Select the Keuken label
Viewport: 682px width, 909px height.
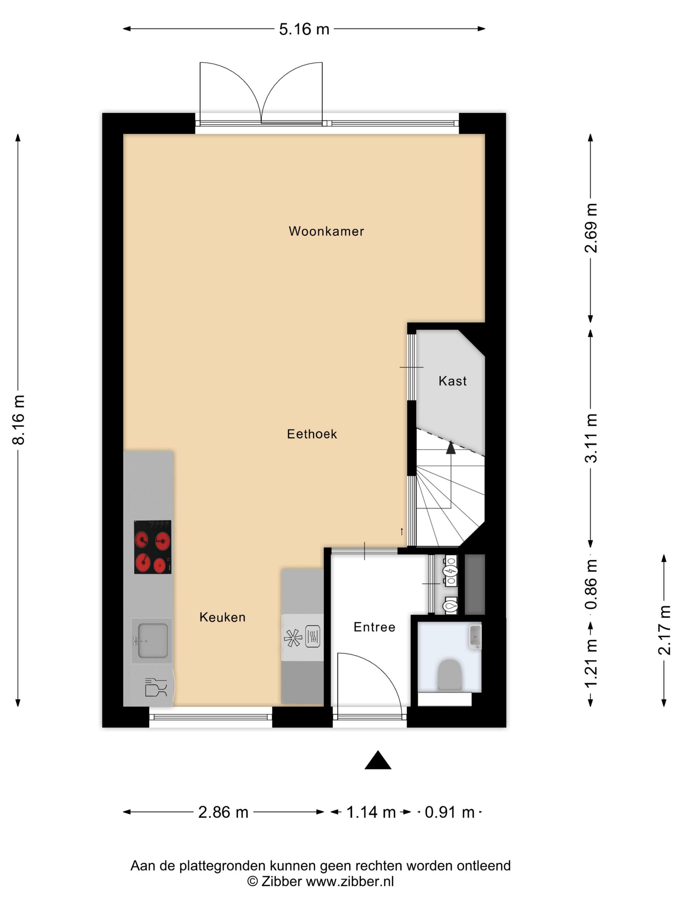click(222, 617)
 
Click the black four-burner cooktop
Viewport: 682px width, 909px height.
click(153, 547)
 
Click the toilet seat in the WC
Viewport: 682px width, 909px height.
click(450, 674)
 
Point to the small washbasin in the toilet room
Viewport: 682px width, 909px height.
click(475, 637)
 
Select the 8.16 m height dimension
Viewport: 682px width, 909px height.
click(19, 419)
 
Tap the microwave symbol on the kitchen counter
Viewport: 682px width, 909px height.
click(312, 637)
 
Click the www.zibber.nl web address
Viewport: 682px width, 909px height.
click(350, 881)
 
